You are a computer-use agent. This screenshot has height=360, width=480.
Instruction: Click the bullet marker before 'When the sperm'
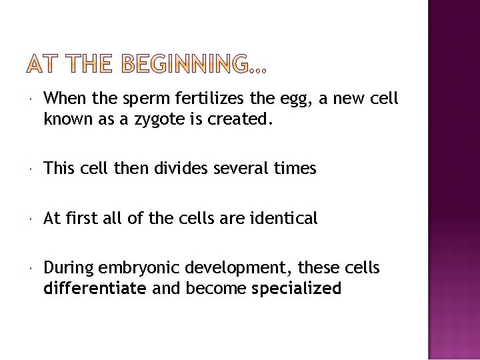(x=33, y=99)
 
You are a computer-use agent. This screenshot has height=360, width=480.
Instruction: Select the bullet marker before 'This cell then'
(x=33, y=169)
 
